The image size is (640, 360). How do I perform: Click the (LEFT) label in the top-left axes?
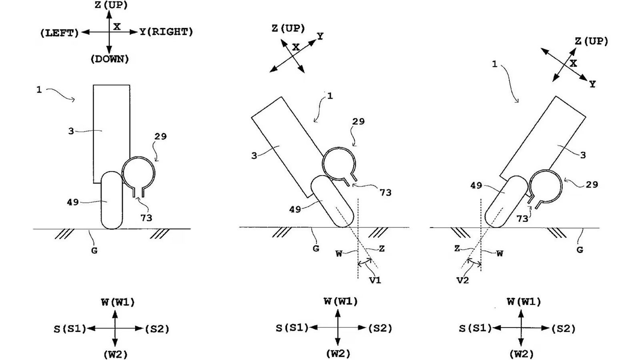click(60, 33)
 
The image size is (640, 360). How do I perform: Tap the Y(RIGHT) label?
click(166, 32)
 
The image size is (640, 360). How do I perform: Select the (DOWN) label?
click(110, 59)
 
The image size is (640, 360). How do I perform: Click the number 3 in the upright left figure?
click(71, 131)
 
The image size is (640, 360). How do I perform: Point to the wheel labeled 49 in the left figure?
click(112, 200)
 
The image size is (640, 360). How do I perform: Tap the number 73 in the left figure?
click(146, 218)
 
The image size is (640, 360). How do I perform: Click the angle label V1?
click(375, 280)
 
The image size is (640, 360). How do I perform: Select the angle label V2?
click(462, 280)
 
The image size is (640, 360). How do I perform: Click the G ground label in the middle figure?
click(316, 248)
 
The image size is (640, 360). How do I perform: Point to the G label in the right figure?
click(580, 250)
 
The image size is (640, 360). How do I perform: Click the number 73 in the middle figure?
click(385, 193)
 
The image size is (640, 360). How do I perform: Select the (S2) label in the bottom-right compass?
click(563, 329)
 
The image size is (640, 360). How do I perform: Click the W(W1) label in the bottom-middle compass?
click(340, 301)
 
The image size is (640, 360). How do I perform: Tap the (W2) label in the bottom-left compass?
click(115, 354)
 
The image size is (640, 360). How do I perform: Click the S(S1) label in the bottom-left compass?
click(70, 329)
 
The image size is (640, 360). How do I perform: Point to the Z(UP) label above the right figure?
click(591, 41)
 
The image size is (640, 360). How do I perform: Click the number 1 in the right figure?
click(494, 64)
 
